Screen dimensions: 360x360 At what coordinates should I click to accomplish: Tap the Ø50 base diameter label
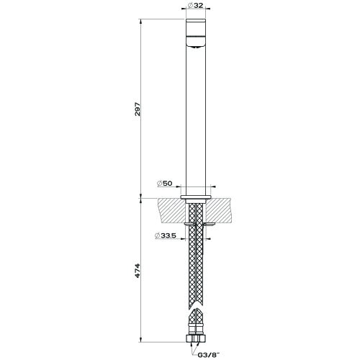(x=166, y=184)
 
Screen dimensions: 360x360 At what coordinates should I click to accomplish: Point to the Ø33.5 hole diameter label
(x=166, y=235)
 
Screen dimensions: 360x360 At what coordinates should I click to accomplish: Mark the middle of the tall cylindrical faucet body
(x=197, y=115)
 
